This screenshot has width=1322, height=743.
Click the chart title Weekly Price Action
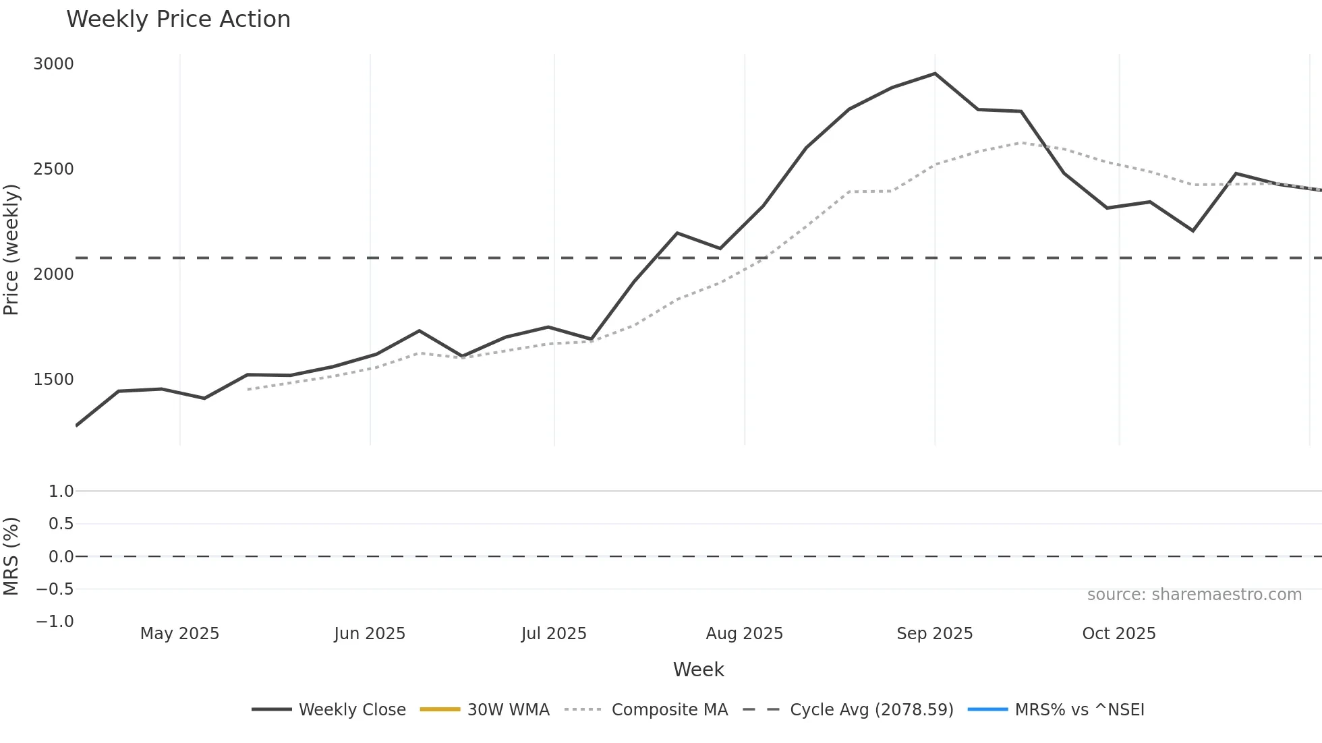(178, 20)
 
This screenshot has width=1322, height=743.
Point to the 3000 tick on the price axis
(53, 64)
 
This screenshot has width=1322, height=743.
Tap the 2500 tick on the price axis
(53, 169)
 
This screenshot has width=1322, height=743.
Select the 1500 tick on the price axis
(53, 380)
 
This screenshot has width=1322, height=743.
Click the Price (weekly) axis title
(11, 249)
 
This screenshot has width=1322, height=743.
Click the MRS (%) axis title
(11, 556)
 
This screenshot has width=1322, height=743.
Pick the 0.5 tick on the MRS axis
(61, 524)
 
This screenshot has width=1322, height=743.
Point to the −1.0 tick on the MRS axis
(55, 622)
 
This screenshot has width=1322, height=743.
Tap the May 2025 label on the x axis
(179, 634)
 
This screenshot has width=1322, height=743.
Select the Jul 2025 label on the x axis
(554, 634)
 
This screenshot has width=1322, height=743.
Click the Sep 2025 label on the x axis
(934, 634)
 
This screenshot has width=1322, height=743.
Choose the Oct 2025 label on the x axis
(1118, 634)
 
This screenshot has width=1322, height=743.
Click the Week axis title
(698, 670)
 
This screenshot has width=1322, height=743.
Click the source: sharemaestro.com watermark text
(1194, 595)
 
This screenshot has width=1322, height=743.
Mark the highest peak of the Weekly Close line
(935, 73)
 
